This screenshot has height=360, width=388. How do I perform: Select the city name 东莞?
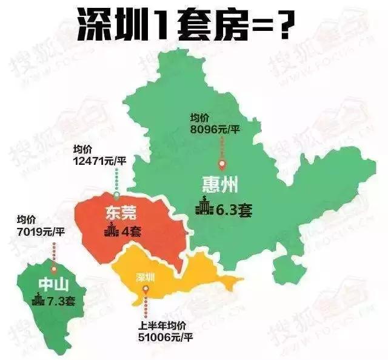point(120,212)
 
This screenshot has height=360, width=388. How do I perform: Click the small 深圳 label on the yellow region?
point(145,276)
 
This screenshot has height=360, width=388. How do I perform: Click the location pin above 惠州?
point(222,164)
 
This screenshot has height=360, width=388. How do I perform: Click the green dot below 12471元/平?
point(116,195)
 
